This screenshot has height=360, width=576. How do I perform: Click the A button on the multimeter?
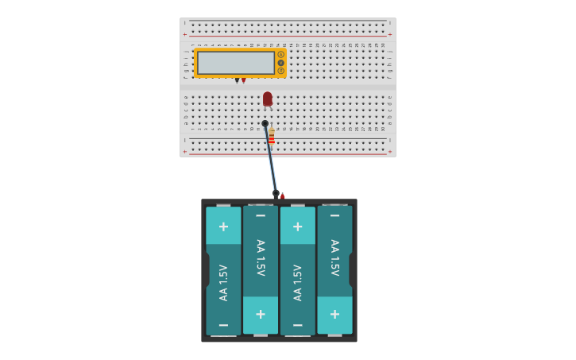[x=280, y=54]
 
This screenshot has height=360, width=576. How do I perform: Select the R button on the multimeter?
[x=280, y=71]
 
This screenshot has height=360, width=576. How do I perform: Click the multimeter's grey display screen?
[x=236, y=62]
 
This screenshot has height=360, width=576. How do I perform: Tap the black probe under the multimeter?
[x=237, y=80]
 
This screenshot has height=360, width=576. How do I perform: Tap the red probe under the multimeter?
[x=244, y=80]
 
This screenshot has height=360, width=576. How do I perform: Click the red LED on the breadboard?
[x=268, y=99]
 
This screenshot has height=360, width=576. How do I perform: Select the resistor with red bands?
[x=272, y=137]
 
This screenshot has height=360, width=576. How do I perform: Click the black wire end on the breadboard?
[x=265, y=123]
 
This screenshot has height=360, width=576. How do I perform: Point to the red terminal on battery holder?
[x=282, y=195]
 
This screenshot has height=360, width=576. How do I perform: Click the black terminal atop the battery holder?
[x=276, y=193]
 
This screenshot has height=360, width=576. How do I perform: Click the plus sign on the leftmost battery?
[x=223, y=226]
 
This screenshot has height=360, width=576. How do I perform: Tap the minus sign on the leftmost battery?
[x=223, y=325]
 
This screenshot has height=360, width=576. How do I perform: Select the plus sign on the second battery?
[x=261, y=314]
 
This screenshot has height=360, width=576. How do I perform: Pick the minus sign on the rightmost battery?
[x=334, y=215]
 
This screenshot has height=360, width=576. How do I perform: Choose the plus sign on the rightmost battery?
[x=334, y=314]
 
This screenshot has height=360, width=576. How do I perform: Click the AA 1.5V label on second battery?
[x=261, y=257]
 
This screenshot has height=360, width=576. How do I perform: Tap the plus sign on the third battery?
[x=298, y=226]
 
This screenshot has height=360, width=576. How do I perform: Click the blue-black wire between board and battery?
[x=271, y=159]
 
